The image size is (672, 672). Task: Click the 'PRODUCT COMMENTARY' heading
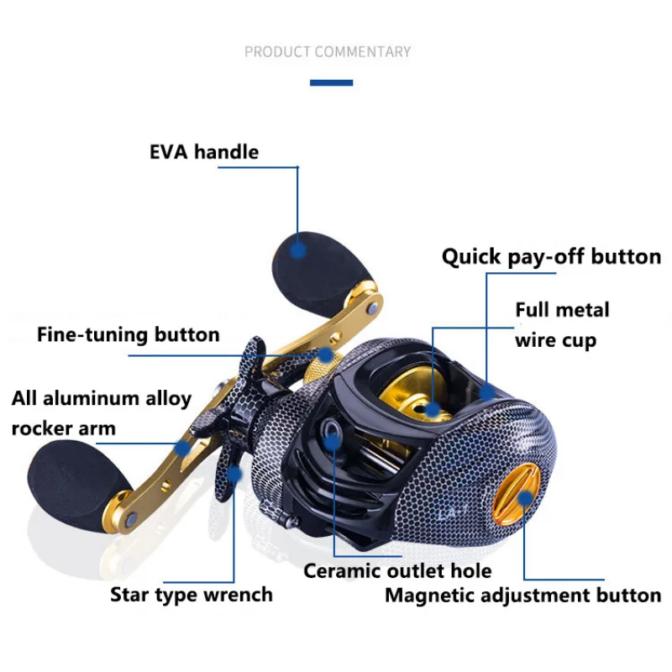pyautogui.click(x=328, y=52)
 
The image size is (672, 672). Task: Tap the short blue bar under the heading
pyautogui.click(x=331, y=82)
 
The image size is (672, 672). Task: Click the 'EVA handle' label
pyautogui.click(x=204, y=152)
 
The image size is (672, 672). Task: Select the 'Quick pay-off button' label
pyautogui.click(x=551, y=256)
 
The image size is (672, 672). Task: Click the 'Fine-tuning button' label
pyautogui.click(x=129, y=334)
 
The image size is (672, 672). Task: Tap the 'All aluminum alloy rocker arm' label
pyautogui.click(x=102, y=412)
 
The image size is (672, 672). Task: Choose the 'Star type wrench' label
pyautogui.click(x=192, y=595)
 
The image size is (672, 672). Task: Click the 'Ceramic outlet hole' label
pyautogui.click(x=397, y=571)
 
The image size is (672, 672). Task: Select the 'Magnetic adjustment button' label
pyautogui.click(x=522, y=596)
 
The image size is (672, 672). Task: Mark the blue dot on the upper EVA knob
pyautogui.click(x=297, y=249)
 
